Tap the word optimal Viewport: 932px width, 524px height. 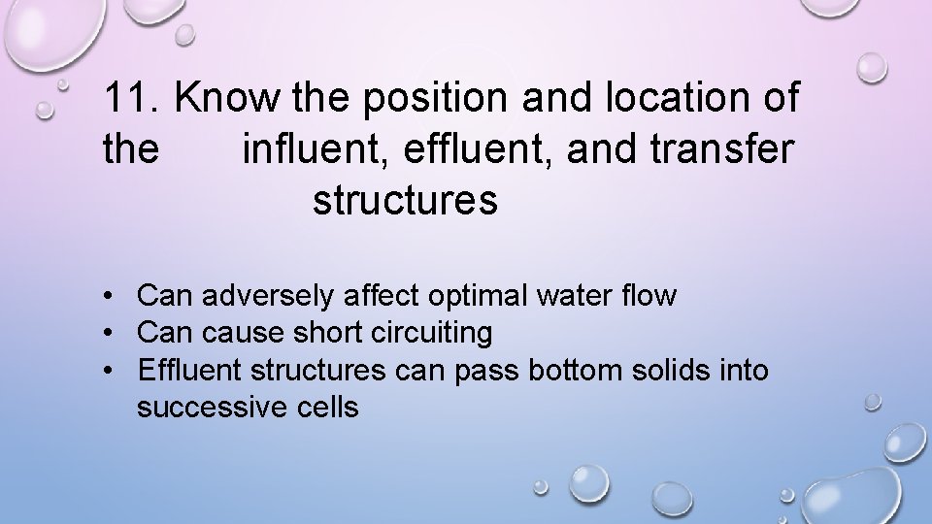click(x=474, y=296)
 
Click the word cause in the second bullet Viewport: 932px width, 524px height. click(x=236, y=333)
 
